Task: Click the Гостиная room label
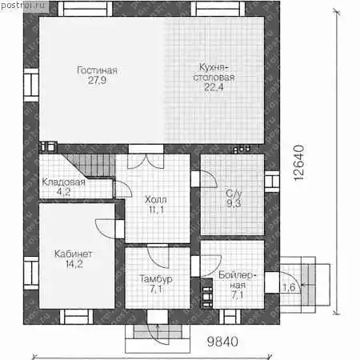(x=97, y=70)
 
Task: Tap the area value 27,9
(x=97, y=80)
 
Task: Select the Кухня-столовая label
(x=214, y=72)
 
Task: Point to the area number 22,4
(x=214, y=87)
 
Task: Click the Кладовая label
(x=63, y=182)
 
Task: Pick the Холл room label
(x=156, y=199)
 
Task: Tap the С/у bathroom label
(x=234, y=194)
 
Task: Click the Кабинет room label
(x=74, y=254)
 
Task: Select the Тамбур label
(x=156, y=279)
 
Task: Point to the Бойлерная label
(x=237, y=280)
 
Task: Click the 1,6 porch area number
(x=289, y=287)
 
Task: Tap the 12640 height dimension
(x=299, y=163)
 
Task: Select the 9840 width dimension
(x=222, y=342)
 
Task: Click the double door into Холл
(x=146, y=161)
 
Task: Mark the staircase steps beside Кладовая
(x=90, y=165)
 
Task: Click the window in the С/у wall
(x=272, y=182)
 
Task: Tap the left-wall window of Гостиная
(x=31, y=85)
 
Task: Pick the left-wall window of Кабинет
(x=31, y=273)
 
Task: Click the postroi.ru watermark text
(x=23, y=6)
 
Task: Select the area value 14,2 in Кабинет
(x=74, y=264)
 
